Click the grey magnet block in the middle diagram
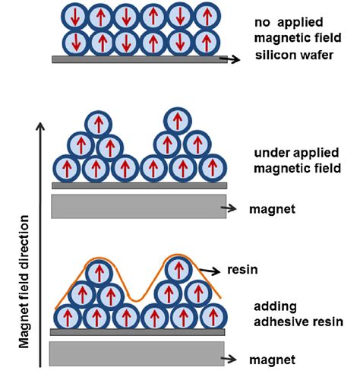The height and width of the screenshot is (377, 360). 138,207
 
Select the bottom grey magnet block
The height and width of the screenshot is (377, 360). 138,354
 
